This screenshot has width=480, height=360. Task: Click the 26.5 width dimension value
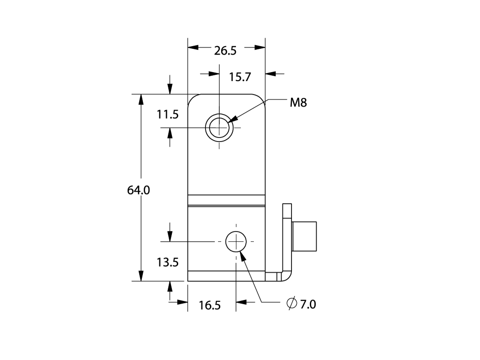225,51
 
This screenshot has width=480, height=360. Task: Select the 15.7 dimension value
240,77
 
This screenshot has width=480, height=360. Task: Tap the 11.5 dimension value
167,115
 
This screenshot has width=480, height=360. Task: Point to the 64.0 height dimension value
138,190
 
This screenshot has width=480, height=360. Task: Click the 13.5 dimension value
167,262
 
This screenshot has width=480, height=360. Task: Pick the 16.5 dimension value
210,305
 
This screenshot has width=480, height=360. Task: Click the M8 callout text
298,103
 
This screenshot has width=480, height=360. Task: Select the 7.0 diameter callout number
308,304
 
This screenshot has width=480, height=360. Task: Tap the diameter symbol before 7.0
292,303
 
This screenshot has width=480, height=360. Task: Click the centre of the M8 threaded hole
219,127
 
